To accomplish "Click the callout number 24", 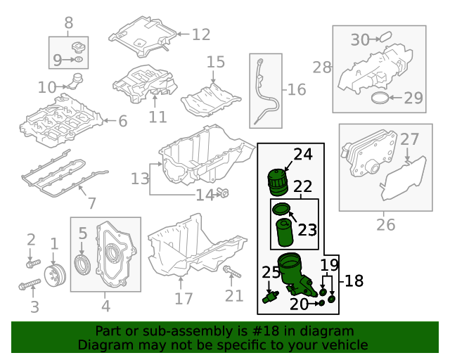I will [302, 155].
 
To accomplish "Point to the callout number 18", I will [354, 281].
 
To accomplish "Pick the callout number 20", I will [300, 304].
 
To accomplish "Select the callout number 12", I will [200, 34].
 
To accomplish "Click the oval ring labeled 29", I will [378, 97].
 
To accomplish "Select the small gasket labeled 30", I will [385, 37].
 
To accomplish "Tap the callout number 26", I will [385, 225].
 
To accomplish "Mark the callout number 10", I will [47, 88].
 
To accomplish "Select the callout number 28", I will [322, 67].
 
